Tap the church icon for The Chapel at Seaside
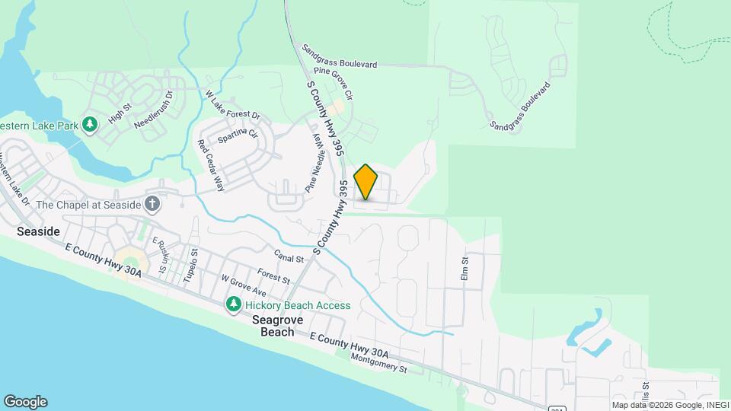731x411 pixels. [152, 203]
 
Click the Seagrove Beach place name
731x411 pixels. [278, 326]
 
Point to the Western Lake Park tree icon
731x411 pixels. [90, 124]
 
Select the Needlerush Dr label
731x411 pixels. [154, 110]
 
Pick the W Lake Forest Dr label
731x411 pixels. [233, 106]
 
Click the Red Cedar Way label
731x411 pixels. [211, 164]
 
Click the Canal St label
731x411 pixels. [289, 259]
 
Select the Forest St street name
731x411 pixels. [273, 276]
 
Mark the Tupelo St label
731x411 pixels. [190, 266]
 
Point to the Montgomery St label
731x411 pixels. [378, 362]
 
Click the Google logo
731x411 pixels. [25, 402]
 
